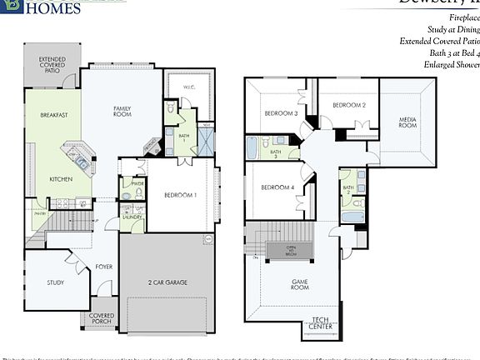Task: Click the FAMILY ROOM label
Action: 122,111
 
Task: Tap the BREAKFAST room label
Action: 53,115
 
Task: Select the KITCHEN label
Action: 60,179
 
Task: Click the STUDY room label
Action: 55,282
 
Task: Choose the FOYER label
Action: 104,267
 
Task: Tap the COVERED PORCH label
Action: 102,319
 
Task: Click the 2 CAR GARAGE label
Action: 167,282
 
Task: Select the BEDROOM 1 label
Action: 180,195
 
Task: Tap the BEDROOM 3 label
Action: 282,113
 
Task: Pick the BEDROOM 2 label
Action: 349,105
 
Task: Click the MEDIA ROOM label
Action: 407,122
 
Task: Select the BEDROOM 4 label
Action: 277,187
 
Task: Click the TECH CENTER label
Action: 322,322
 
